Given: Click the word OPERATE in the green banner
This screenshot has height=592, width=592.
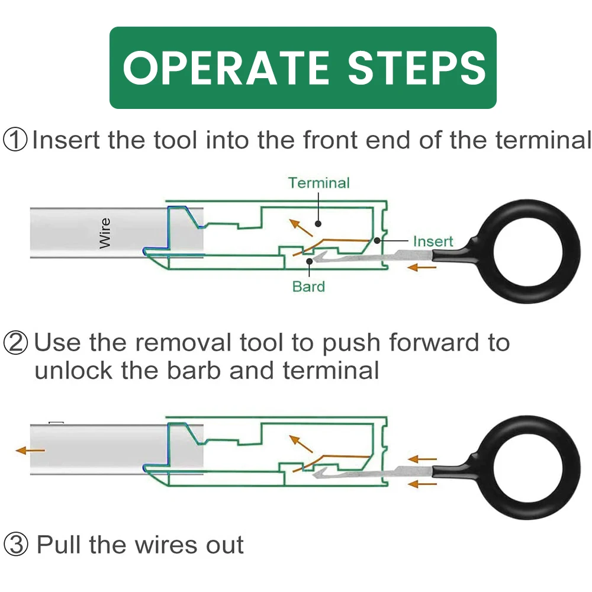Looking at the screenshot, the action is (226, 68).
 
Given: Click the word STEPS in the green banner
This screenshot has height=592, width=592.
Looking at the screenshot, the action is (416, 68).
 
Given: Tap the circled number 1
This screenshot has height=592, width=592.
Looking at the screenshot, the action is (15, 140).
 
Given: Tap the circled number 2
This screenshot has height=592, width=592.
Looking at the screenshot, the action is (15, 342).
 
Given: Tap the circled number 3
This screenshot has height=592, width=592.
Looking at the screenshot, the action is (16, 545).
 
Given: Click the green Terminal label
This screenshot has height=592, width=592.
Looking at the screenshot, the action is (319, 183).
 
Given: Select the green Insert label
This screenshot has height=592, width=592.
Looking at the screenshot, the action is (433, 242).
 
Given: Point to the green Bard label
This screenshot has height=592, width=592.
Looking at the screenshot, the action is (308, 287).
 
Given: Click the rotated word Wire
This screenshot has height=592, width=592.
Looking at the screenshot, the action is (105, 233).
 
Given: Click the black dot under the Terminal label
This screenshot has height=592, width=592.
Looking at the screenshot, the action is (318, 224).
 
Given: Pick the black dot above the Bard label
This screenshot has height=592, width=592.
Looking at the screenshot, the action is (309, 261).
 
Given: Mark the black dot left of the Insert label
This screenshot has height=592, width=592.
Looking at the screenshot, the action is (377, 240).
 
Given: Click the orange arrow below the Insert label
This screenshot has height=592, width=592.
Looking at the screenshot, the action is (422, 268).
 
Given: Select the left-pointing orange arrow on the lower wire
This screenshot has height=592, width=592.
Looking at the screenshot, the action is (30, 450).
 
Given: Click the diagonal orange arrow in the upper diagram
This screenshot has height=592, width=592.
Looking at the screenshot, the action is (301, 228).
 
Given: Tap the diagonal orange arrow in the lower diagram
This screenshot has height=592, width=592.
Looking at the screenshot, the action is (301, 443).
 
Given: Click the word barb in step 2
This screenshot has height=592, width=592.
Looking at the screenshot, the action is (194, 371).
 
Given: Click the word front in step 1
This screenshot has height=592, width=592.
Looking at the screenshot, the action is (331, 140).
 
